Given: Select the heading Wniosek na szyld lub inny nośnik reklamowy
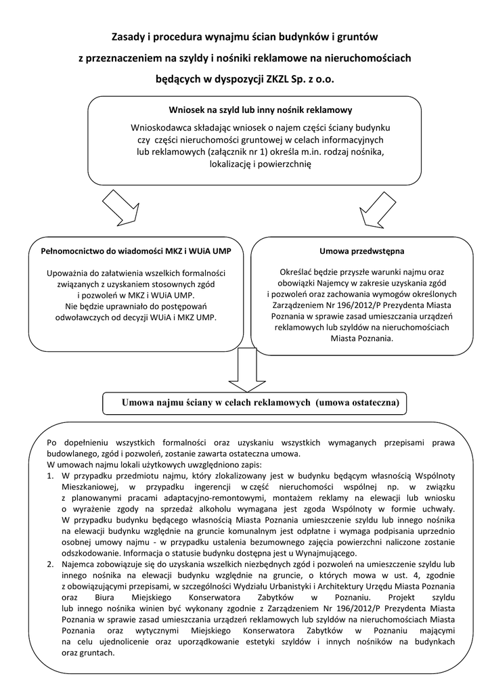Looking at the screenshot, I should click(260, 110).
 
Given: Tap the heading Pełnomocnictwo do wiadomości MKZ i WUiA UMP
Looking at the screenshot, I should click(136, 251).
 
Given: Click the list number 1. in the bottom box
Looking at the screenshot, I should click(51, 476).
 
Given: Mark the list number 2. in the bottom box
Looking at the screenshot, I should click(51, 564).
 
